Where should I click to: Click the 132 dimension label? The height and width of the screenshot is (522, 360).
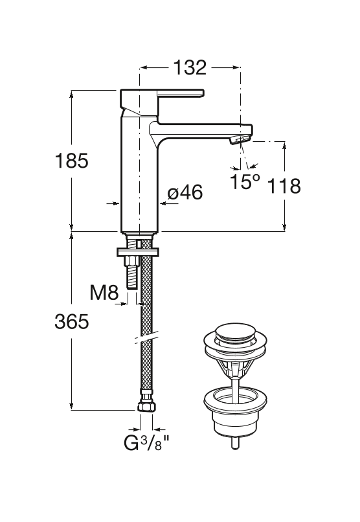(190, 67)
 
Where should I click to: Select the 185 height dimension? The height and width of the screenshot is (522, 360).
(71, 161)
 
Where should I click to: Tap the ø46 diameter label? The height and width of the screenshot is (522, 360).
(185, 193)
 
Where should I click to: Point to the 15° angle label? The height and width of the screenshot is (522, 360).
(245, 181)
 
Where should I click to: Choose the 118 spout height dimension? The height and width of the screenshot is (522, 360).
(284, 186)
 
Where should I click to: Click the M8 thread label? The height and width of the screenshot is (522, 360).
(104, 293)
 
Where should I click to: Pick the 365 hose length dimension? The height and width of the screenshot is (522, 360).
(71, 322)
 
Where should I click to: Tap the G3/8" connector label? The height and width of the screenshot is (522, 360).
(147, 442)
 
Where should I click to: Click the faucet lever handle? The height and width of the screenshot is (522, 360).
(161, 93)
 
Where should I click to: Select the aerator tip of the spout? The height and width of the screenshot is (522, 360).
(239, 140)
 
